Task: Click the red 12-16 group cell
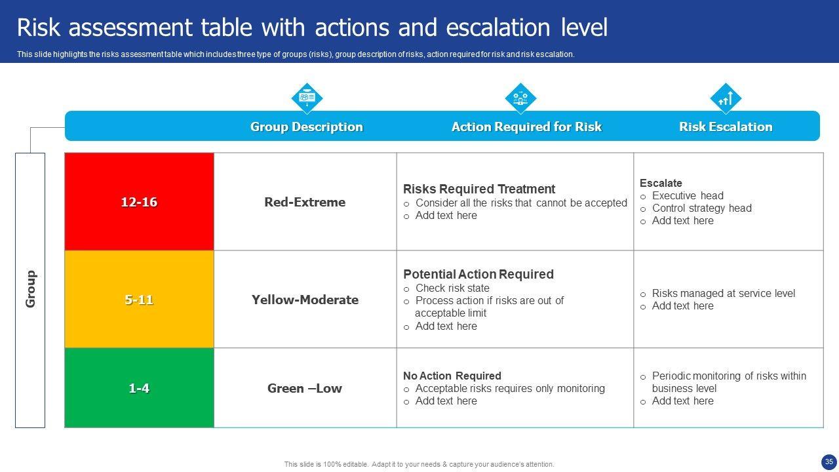coord(140,201)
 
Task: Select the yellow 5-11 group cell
coord(140,300)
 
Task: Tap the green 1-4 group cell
coord(140,387)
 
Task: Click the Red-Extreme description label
coord(305,203)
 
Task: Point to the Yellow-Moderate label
coord(305,300)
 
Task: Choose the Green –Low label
coord(305,388)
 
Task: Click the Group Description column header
coord(306,127)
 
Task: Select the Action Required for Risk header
coord(526,127)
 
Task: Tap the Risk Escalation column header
coord(726,127)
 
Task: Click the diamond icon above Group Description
coord(307,98)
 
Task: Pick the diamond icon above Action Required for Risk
coord(520,98)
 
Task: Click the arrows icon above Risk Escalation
coord(726,98)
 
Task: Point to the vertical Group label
coord(30,289)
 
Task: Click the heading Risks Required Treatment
coord(479,189)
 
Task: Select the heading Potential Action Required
coord(478,274)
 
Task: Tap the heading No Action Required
coord(452,376)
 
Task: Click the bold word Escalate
coord(661,183)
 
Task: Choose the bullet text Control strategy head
coord(702,208)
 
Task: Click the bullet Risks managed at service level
coord(724,293)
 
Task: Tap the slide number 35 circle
coord(829,462)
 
